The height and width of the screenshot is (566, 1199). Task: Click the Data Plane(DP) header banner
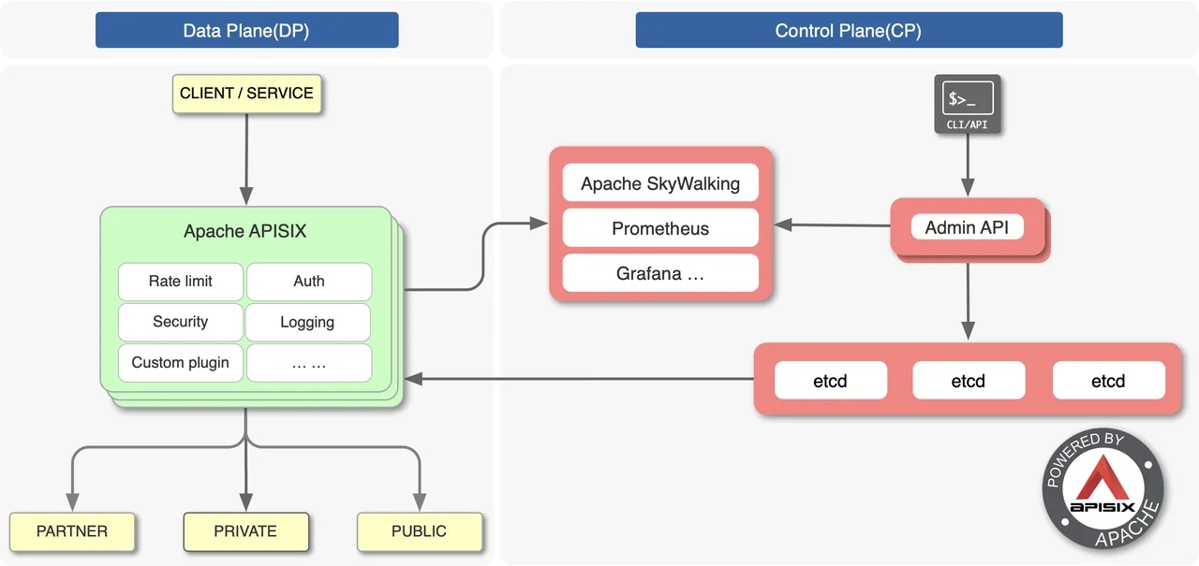246,30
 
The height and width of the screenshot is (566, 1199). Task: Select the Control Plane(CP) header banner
849,30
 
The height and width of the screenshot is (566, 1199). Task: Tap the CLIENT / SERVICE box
246,94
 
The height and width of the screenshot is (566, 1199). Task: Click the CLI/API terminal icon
966,102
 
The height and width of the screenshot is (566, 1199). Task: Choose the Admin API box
967,227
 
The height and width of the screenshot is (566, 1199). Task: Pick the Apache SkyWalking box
660,183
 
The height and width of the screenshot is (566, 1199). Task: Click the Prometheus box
660,228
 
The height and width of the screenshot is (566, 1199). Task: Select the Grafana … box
660,274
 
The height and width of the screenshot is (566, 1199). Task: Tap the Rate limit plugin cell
180,282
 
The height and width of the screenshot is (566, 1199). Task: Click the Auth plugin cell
308,282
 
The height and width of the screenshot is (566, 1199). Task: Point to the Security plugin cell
180,322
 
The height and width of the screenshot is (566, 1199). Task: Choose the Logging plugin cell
307,323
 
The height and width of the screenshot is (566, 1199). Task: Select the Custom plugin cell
180,363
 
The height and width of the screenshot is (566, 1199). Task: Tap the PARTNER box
72,531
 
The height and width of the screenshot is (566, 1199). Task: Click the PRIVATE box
245,531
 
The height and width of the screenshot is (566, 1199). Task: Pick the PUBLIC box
419,531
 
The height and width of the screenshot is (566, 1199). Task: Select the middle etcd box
968,381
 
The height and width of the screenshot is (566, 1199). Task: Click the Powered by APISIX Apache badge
1103,492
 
